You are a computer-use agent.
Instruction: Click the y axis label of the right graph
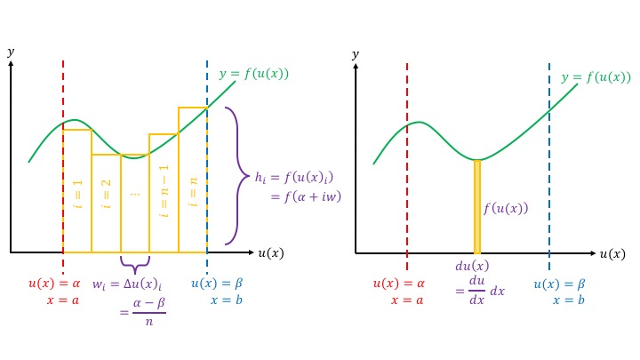[356, 55]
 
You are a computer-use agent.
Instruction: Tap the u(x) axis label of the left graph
[271, 253]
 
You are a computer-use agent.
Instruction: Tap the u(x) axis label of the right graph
[612, 254]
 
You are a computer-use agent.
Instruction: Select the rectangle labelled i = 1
[77, 191]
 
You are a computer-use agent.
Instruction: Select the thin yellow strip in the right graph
[477, 206]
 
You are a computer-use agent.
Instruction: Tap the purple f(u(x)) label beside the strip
[505, 209]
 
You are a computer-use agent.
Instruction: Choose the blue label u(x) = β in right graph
[559, 284]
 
